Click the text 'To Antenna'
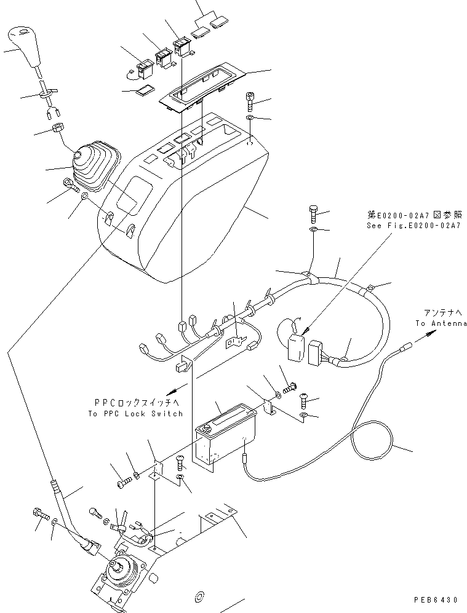click(441, 323)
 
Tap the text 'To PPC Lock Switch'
click(135, 414)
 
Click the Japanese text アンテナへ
click(441, 312)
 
